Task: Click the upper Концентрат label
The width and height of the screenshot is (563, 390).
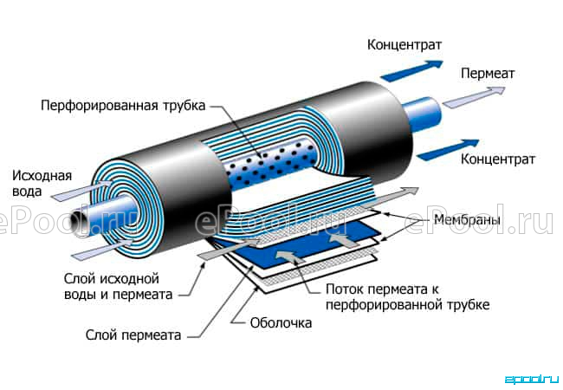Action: tap(404, 45)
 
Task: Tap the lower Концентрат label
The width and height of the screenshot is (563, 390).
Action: tap(498, 159)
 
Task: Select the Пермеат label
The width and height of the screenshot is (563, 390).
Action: tap(488, 74)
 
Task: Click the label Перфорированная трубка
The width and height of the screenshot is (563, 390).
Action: tap(123, 106)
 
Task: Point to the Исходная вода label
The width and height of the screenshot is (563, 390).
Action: tap(42, 183)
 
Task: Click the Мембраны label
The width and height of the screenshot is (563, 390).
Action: tap(467, 219)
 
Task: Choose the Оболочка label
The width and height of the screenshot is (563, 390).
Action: tap(281, 323)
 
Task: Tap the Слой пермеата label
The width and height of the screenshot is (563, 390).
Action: tap(133, 335)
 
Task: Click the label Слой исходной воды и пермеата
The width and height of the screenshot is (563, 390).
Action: tap(118, 286)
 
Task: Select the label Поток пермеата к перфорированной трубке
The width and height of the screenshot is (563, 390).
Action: tap(408, 297)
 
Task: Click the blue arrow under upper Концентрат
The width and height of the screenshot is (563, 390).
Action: tap(411, 70)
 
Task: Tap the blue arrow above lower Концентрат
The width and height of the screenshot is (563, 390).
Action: tap(448, 149)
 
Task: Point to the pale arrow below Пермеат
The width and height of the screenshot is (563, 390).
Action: tap(474, 96)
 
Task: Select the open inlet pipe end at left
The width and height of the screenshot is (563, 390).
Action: tap(77, 223)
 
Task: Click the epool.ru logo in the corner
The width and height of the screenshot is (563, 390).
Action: tap(532, 380)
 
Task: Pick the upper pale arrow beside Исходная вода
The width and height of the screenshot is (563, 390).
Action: tap(82, 191)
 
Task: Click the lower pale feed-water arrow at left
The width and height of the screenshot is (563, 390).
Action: tap(102, 250)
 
